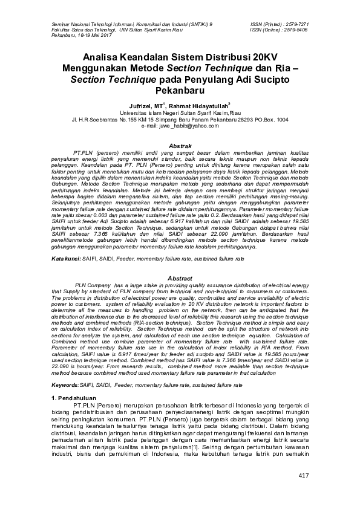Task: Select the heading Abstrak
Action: (180, 147)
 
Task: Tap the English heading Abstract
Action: (180, 277)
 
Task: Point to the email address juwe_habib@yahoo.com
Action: (180, 126)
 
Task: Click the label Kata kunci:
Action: (65, 259)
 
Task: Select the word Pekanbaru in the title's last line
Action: (180, 90)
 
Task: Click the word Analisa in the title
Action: (105, 57)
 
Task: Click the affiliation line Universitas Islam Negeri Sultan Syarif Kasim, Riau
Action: (180, 113)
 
